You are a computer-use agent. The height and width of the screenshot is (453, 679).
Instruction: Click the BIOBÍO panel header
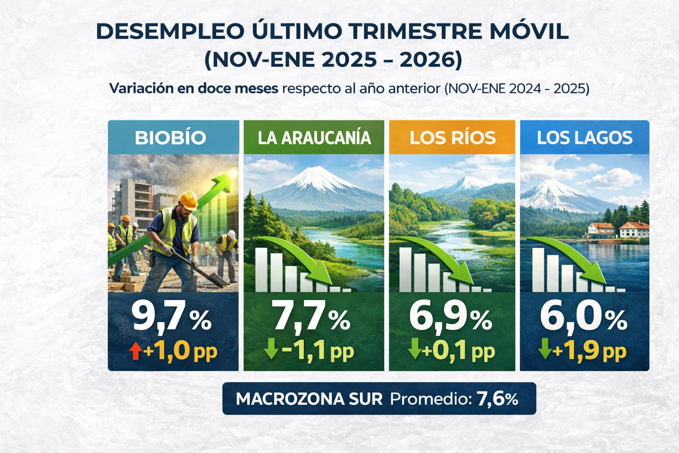pos(171,138)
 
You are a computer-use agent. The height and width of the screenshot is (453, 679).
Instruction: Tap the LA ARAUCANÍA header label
pos(314,138)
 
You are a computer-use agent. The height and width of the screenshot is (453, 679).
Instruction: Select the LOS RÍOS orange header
pos(452,138)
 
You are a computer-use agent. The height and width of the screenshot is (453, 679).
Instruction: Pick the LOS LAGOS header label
pos(584,138)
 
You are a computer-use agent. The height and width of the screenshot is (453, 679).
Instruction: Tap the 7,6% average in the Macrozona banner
pos(497,399)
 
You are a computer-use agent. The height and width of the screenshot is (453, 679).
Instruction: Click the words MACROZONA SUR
pos(309,399)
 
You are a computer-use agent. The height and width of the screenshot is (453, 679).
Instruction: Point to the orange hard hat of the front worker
pos(188,200)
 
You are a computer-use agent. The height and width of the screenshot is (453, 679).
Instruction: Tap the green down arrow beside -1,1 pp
pos(271,349)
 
